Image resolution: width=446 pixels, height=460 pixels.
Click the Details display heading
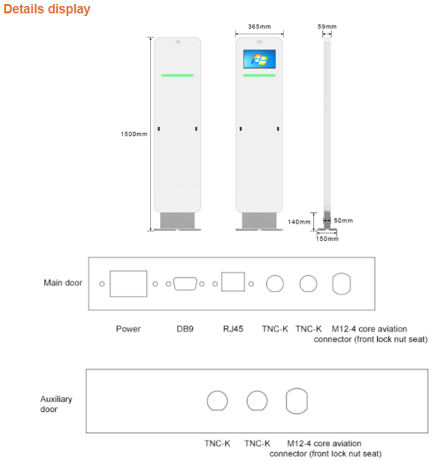(x=47, y=10)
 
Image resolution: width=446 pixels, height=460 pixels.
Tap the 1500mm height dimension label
(x=134, y=134)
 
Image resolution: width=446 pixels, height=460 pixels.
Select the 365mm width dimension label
(x=259, y=26)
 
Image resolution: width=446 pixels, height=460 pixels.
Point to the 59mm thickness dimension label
(x=327, y=26)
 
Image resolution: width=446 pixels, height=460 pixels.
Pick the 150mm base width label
(x=327, y=238)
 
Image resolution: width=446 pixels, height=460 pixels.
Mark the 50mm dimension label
(x=343, y=220)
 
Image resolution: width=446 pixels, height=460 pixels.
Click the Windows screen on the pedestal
(x=259, y=59)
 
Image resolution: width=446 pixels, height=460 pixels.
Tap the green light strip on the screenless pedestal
(x=178, y=75)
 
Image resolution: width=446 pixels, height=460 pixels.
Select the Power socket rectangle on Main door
(x=128, y=284)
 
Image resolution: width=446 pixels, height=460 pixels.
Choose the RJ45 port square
(x=232, y=282)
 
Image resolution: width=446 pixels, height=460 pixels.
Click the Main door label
(x=63, y=282)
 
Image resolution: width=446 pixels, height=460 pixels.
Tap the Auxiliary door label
(x=56, y=404)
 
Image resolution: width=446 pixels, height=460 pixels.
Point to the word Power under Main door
(x=128, y=328)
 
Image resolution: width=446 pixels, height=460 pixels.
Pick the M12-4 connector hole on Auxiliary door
(x=296, y=401)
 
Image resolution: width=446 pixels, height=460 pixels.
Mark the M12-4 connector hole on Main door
(x=342, y=283)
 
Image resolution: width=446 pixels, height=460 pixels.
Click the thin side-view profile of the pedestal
(x=327, y=127)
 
